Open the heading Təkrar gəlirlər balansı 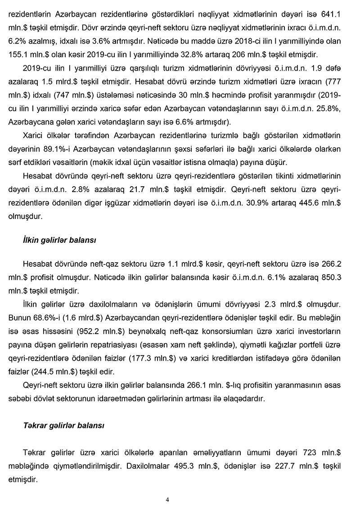tap(63, 425)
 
